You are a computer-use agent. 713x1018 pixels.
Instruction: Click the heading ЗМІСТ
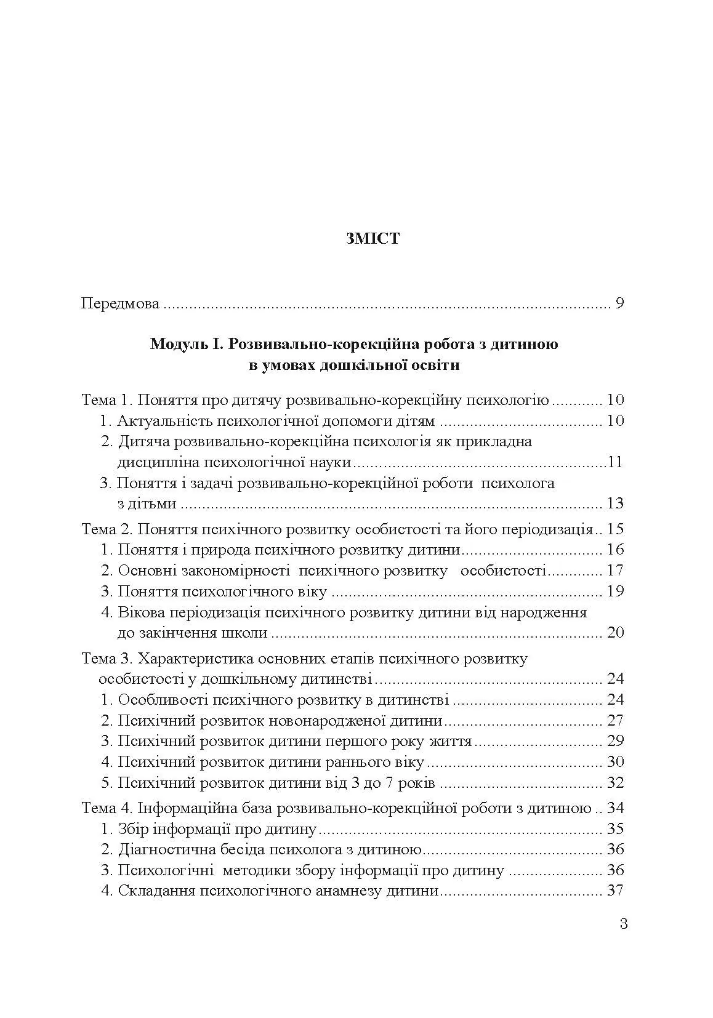pyautogui.click(x=373, y=239)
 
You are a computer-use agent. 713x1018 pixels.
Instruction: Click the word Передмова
pyautogui.click(x=121, y=304)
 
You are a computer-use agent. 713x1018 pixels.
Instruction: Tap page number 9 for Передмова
pyautogui.click(x=619, y=304)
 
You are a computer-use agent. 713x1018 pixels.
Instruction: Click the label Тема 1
pyautogui.click(x=108, y=401)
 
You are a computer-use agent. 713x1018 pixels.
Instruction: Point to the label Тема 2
pyautogui.click(x=108, y=529)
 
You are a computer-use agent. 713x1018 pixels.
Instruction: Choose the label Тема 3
pyautogui.click(x=108, y=659)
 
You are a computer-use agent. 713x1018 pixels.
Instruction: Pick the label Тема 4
pyautogui.click(x=108, y=808)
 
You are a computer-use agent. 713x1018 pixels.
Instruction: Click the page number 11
pyautogui.click(x=614, y=463)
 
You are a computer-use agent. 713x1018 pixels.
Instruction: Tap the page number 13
pyautogui.click(x=615, y=504)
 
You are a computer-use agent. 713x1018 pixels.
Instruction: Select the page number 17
pyautogui.click(x=615, y=571)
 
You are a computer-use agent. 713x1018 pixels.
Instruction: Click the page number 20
pyautogui.click(x=615, y=633)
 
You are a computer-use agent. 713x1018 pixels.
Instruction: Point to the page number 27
pyautogui.click(x=615, y=721)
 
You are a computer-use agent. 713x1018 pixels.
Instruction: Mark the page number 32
pyautogui.click(x=615, y=783)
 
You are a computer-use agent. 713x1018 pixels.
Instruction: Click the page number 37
pyautogui.click(x=615, y=891)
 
